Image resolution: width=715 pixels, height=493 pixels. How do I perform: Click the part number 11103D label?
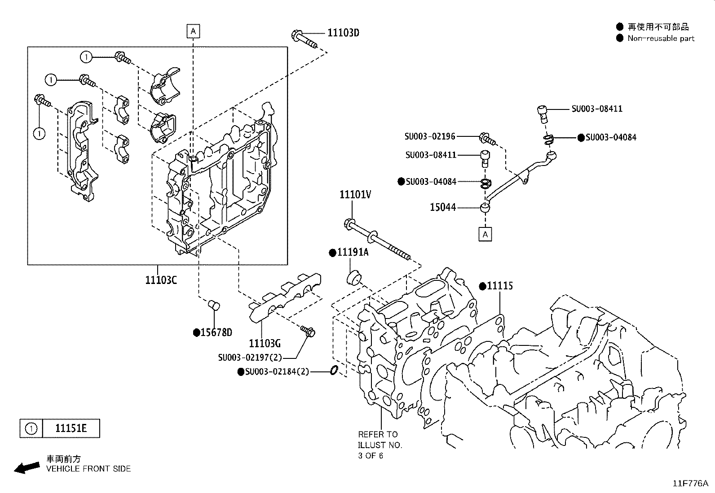tap(343, 33)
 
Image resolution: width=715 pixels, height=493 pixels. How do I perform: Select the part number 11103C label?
tap(161, 280)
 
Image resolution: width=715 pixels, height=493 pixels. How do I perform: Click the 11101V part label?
tap(356, 194)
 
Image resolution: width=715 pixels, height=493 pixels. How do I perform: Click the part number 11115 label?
tap(499, 286)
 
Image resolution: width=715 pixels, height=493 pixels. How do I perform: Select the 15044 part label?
tap(443, 207)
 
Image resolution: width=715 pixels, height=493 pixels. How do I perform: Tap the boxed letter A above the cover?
tap(193, 31)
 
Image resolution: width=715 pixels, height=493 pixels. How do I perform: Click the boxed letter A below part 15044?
tap(485, 234)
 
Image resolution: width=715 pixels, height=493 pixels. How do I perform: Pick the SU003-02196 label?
tap(430, 136)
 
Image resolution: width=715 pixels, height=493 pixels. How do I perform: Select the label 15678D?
tap(216, 332)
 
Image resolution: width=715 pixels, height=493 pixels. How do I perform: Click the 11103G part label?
tap(265, 344)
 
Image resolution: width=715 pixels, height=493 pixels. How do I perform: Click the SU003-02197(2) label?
tap(250, 358)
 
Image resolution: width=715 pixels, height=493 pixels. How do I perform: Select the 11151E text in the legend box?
tap(71, 428)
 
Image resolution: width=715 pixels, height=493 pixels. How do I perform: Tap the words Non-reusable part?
tap(661, 39)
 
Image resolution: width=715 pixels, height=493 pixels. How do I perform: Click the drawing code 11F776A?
tap(690, 484)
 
